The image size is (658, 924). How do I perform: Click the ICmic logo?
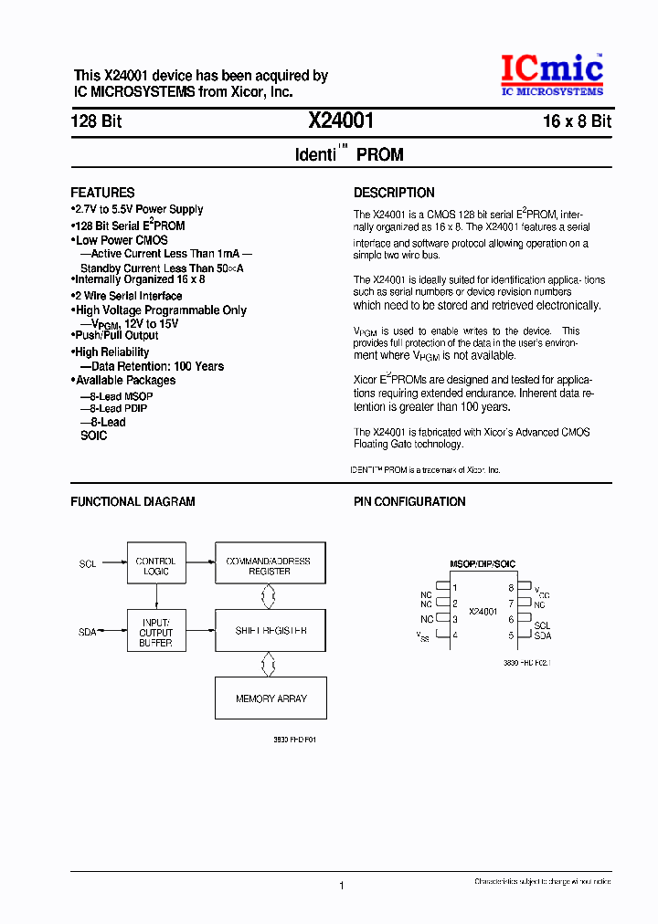tap(550, 75)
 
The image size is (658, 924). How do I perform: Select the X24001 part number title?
tap(341, 121)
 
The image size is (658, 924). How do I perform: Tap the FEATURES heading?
tap(102, 193)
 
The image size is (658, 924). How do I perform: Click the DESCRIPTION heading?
tap(394, 193)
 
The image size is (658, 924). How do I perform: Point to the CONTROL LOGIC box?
tap(155, 566)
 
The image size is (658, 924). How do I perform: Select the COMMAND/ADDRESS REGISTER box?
tap(269, 566)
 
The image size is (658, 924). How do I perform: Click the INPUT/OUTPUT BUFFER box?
tap(155, 631)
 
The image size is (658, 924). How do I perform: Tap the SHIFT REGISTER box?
tap(269, 631)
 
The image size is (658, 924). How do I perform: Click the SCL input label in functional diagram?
tap(88, 565)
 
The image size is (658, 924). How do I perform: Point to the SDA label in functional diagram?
tap(88, 631)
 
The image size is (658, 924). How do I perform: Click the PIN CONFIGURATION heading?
tap(409, 501)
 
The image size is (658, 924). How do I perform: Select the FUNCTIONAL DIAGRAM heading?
tap(133, 501)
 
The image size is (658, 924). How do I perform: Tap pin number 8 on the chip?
tap(511, 588)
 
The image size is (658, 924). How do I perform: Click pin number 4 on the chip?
tap(454, 635)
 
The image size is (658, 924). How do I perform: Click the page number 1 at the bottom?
tap(341, 886)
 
